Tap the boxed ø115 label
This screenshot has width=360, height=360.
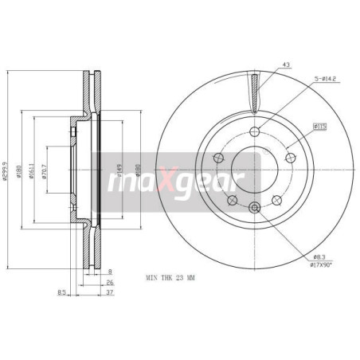point(322,125)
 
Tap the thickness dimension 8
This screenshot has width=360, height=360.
point(109,272)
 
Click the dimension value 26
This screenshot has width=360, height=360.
point(110,281)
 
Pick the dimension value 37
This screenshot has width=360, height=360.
point(110,292)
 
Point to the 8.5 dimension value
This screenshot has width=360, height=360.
point(63,292)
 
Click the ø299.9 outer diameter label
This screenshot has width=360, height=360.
point(7,169)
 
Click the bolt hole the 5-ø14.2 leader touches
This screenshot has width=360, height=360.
point(254,132)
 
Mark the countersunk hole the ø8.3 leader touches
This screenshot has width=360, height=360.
point(254,208)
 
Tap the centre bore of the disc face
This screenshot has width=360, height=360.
point(254,170)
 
